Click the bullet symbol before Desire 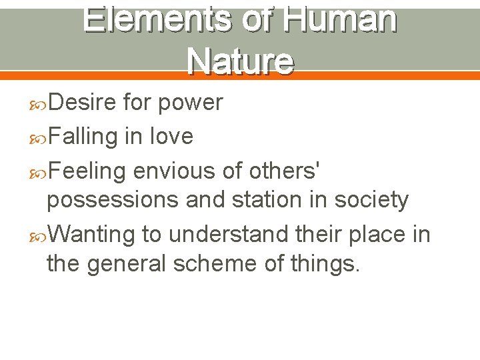click(39, 103)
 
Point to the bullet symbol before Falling click(39, 137)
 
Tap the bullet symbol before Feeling click(39, 172)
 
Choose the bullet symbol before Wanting click(39, 235)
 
